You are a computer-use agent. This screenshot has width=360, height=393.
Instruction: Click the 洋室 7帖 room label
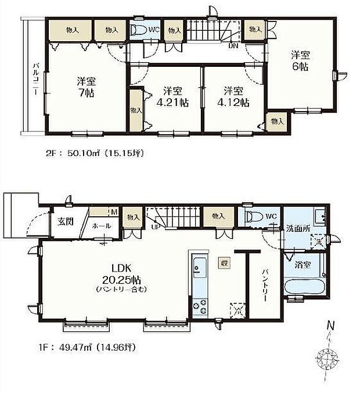pyautogui.click(x=85, y=87)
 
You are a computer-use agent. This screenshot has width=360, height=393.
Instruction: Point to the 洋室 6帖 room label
pyautogui.click(x=300, y=61)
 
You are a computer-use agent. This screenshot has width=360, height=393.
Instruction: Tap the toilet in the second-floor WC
pyautogui.click(x=138, y=30)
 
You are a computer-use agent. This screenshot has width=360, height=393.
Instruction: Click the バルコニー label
pyautogui.click(x=36, y=82)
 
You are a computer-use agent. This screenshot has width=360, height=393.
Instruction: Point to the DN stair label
pyautogui.click(x=232, y=45)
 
